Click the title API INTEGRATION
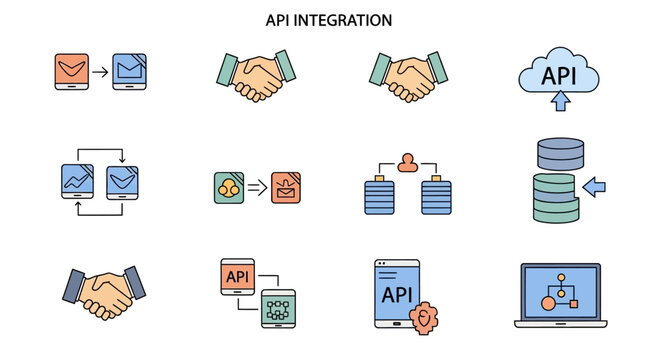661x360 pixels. tap(329, 19)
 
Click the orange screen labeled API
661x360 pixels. tap(238, 276)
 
